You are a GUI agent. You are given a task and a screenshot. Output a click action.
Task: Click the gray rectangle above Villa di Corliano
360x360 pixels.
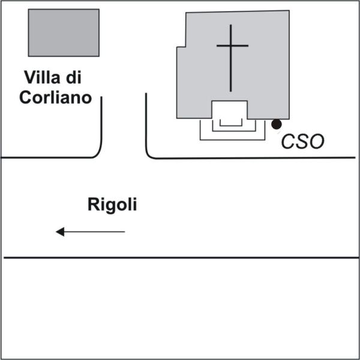[x=64, y=32]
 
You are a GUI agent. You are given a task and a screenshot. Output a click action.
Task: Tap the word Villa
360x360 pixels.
[x=44, y=77]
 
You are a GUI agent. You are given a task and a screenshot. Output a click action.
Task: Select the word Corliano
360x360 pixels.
[x=55, y=98]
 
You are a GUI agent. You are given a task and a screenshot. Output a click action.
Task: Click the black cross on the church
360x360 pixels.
[x=232, y=58]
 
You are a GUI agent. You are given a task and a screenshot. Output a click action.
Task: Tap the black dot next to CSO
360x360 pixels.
[x=276, y=124]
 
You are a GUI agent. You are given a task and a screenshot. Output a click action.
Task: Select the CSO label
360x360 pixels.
[x=303, y=142]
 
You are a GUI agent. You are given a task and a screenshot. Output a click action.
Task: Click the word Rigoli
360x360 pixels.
[x=112, y=205]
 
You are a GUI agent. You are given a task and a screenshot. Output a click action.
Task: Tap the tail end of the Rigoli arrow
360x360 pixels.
[x=124, y=232]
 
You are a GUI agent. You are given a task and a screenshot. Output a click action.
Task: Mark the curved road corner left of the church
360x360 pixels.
[x=151, y=155]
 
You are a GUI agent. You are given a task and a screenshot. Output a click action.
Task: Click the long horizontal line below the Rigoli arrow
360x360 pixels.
[x=180, y=258]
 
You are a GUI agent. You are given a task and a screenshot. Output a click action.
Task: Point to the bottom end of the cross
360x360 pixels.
[x=232, y=91]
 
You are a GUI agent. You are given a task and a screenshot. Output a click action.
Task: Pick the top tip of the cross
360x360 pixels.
[x=232, y=25]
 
